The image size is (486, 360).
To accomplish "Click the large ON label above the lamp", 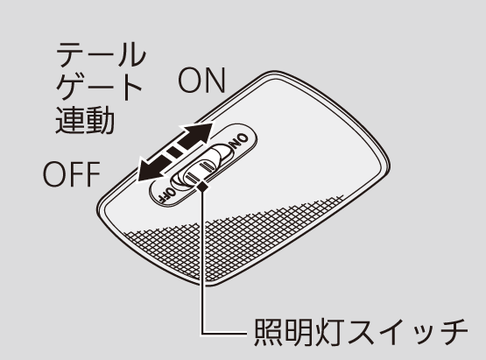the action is pos(201,81).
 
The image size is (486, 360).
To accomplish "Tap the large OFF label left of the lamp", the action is pos(72,174).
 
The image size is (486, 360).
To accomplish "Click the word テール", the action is pos(101,54).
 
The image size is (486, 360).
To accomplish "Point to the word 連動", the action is pos(85,120).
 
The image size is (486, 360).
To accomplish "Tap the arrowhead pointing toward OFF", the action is pos(151,170).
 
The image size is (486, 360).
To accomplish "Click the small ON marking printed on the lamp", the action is pos(239,141).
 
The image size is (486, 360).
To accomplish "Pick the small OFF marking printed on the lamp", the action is pos(166,194).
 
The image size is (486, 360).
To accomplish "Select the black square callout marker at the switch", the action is pos(202,187).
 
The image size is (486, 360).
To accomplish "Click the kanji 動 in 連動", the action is pos(100,120).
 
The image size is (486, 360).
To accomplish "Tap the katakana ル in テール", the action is pos(131,54).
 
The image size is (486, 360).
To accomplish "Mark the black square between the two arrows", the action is pos(174,152).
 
